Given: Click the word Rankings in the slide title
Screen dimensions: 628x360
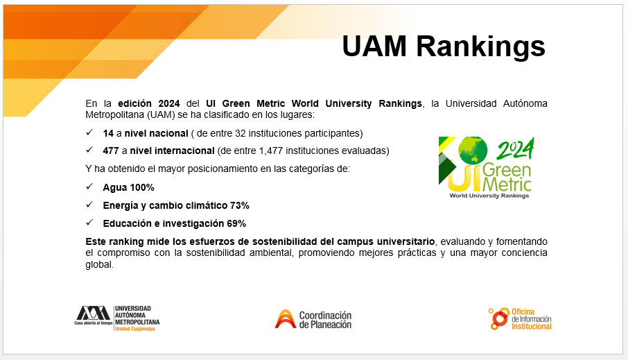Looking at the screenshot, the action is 480,47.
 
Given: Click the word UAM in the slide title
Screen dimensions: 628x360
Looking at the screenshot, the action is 374,46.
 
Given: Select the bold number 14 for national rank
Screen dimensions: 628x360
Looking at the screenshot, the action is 108,133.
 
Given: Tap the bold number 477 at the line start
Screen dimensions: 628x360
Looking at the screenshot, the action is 111,151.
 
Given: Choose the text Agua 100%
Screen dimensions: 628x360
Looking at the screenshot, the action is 128,187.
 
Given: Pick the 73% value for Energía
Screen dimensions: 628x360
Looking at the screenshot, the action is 240,205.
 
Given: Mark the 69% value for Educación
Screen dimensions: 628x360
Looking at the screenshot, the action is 236,223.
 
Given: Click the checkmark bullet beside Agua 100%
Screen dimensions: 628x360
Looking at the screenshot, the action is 89,187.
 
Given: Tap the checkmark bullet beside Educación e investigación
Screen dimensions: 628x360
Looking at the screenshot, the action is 89,223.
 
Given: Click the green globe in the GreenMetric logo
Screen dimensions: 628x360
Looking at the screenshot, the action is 473,150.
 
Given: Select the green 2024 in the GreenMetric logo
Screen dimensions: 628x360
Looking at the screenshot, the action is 516,149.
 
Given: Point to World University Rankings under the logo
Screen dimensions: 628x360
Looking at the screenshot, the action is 489,196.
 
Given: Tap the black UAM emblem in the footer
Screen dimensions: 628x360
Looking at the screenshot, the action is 93,313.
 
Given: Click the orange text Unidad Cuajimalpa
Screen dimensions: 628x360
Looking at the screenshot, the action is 135,329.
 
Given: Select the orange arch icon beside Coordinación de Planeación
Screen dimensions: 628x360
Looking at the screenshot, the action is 285,319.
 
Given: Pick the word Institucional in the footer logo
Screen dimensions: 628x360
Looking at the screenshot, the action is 532,326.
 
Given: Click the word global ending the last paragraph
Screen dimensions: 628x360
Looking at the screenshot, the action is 98,264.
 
